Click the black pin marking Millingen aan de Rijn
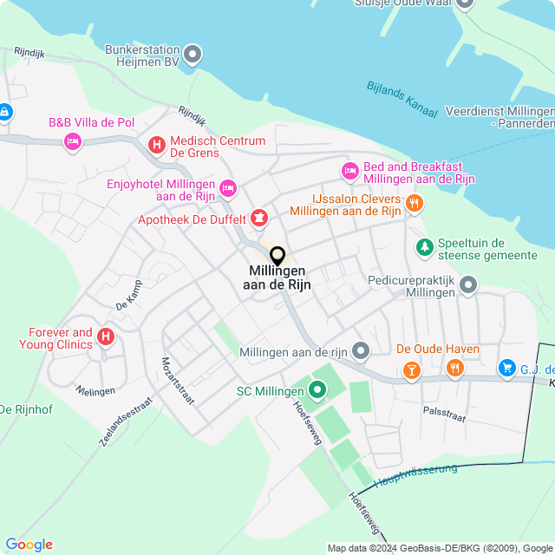click(x=277, y=256)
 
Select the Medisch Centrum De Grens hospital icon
click(x=157, y=145)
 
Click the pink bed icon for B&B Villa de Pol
click(x=73, y=140)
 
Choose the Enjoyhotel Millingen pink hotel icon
click(x=228, y=187)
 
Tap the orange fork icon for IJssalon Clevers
click(x=415, y=204)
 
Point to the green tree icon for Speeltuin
click(x=424, y=248)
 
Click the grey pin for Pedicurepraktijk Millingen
click(x=468, y=284)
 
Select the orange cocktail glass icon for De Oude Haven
click(x=411, y=370)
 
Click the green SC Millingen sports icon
click(x=317, y=391)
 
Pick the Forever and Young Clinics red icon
click(x=106, y=336)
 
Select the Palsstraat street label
click(x=444, y=417)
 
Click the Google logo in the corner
click(x=29, y=545)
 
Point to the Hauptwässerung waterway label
click(x=415, y=475)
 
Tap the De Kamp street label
click(x=127, y=295)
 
